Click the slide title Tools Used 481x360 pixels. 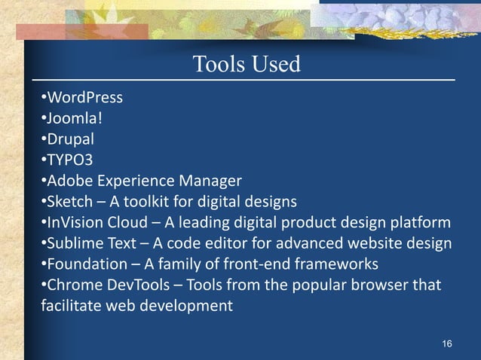(247, 65)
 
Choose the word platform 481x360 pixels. (424, 223)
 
